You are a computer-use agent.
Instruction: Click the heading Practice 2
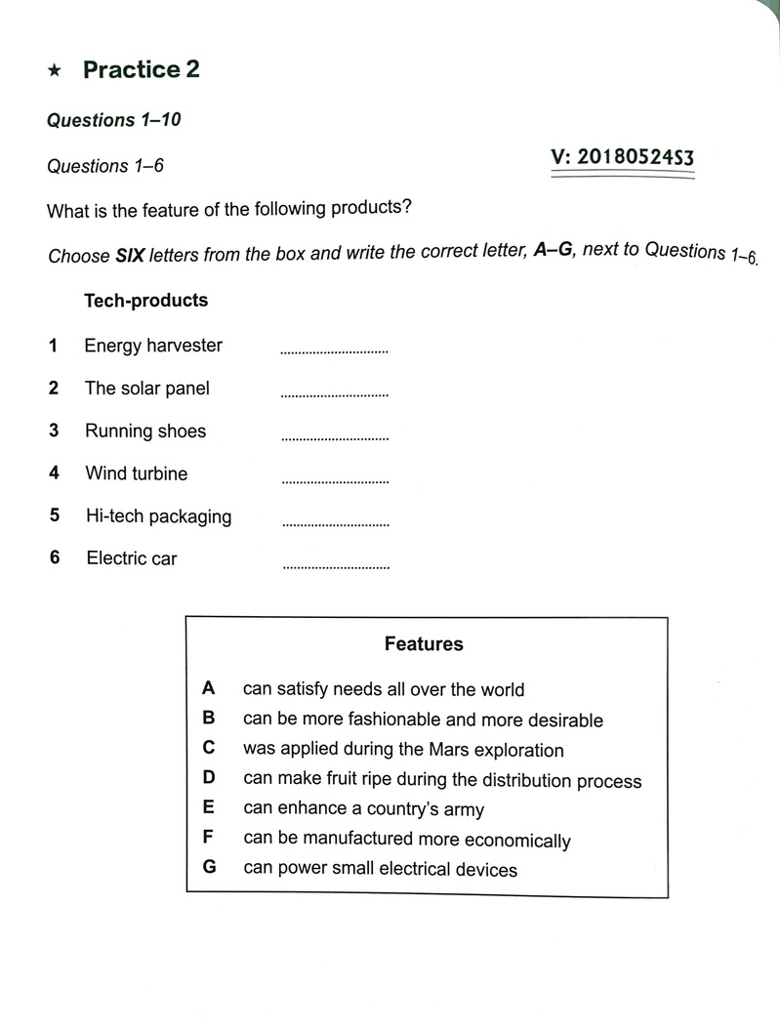[142, 69]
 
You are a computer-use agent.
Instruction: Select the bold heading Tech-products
[146, 300]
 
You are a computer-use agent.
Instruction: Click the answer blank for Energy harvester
[334, 350]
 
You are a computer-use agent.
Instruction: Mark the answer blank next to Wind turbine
[335, 480]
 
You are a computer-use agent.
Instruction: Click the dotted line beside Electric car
[336, 566]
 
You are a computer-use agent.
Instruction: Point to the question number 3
[55, 431]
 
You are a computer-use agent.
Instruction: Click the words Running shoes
[145, 431]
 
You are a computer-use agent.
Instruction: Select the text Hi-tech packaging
[158, 516]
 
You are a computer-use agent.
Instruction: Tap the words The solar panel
[147, 388]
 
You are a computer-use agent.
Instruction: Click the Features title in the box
[424, 643]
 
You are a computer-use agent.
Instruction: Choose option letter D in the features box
[208, 778]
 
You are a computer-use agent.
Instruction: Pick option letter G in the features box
[209, 867]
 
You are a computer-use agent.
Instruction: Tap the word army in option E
[463, 809]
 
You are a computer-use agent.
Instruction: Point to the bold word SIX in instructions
[130, 256]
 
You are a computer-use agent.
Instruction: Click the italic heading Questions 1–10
[114, 120]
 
